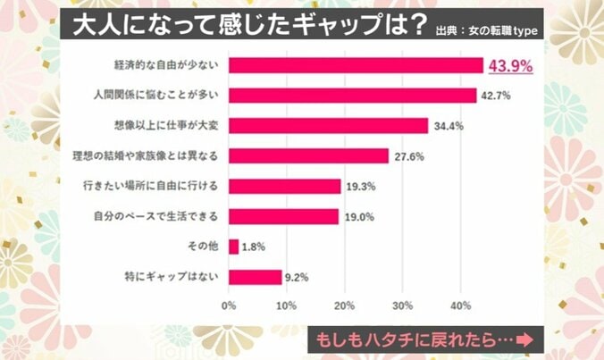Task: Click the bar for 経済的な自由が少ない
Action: pos(356,65)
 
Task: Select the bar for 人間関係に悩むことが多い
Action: pos(352,95)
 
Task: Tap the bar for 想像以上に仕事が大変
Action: pos(328,125)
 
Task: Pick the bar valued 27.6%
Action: pos(308,155)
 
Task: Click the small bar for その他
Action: pos(233,247)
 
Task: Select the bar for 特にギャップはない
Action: pos(255,277)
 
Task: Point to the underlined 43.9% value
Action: pos(508,66)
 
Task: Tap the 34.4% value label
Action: pos(447,126)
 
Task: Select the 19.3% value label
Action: pos(359,187)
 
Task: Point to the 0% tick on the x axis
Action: pos(229,306)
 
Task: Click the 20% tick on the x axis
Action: pos(344,306)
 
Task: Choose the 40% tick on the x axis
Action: pos(460,306)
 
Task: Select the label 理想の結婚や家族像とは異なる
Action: pos(157,155)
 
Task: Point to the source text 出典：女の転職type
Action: pos(491,32)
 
